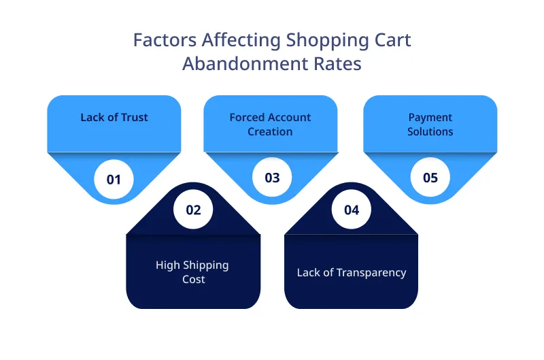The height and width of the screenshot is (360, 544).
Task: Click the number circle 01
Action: [114, 179]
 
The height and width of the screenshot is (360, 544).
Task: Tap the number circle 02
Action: [193, 210]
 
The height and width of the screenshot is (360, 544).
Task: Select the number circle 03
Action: [272, 178]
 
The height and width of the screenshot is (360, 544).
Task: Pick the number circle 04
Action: [351, 210]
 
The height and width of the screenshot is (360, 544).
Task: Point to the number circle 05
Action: [430, 178]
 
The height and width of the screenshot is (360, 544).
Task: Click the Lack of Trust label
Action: [114, 117]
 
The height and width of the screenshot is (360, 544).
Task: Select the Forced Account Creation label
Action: [270, 124]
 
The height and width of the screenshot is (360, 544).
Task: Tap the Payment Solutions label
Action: [430, 124]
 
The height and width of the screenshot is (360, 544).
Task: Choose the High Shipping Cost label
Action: [192, 272]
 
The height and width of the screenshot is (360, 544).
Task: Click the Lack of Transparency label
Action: [351, 272]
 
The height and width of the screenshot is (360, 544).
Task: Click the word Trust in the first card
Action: [133, 117]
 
